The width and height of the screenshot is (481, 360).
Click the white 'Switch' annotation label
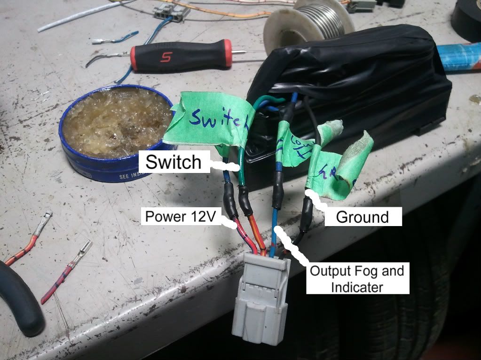point(173,162)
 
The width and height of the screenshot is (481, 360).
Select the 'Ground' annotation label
point(362,217)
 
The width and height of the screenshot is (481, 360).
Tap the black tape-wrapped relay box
point(357,89)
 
